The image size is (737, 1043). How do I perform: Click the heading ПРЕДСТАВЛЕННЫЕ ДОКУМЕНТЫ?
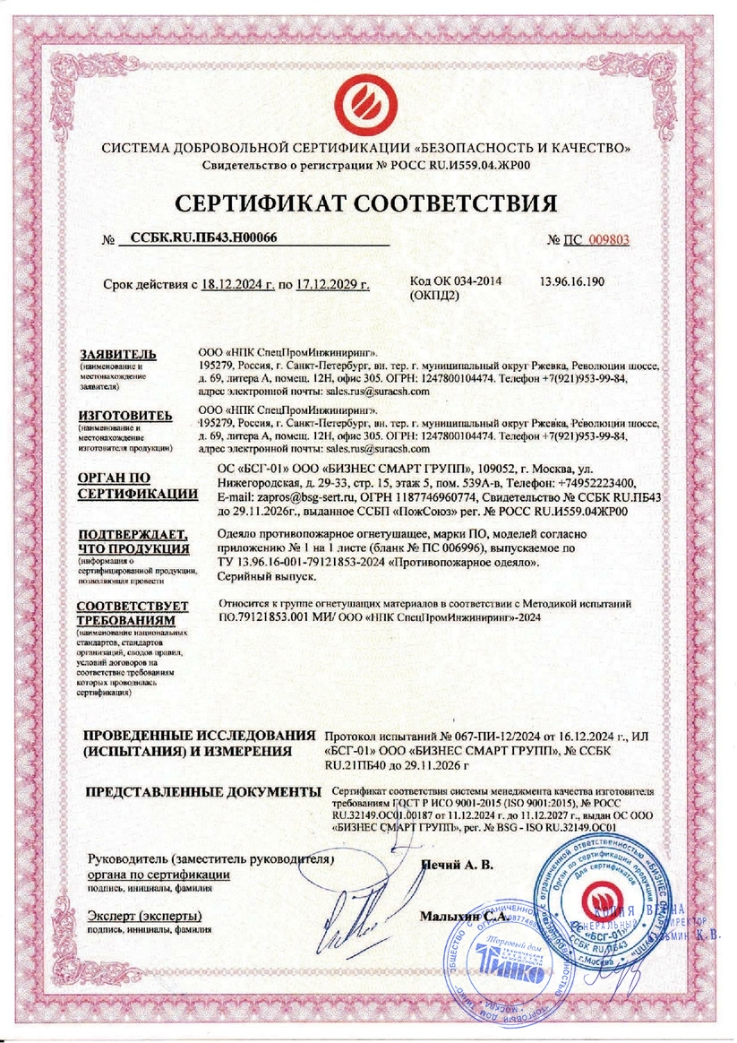click(x=201, y=793)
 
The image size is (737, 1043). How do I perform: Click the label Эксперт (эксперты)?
click(x=144, y=917)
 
